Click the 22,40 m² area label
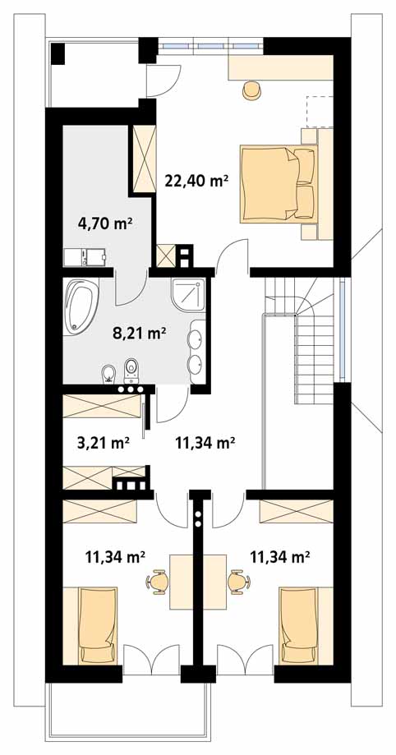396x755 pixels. coord(196,181)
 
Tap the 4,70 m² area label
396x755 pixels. coord(105,223)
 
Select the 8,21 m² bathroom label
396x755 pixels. coord(139,332)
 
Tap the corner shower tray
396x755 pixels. coord(188,295)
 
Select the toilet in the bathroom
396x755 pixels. coord(131,371)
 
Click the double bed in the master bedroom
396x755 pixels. coord(279,184)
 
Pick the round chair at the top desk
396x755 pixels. coord(251,90)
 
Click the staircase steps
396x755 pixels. coord(302,337)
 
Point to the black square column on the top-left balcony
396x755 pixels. coord(58,53)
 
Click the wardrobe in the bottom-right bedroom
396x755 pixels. coord(297,511)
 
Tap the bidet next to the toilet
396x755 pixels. coord(108,374)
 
